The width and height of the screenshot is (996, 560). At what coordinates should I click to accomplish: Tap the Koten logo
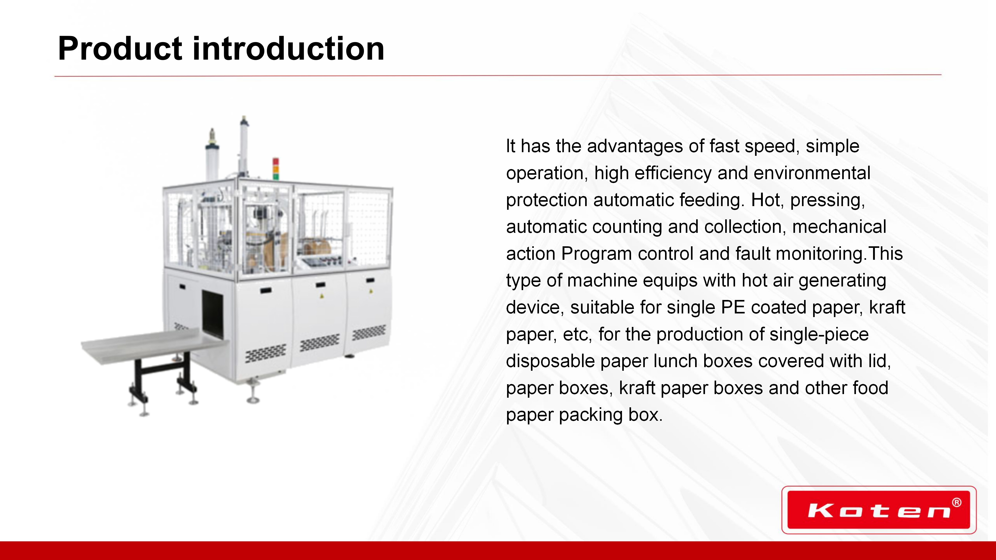click(879, 510)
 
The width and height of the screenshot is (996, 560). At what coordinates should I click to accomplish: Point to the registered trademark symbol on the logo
click(957, 502)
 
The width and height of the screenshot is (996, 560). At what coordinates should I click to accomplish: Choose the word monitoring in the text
click(819, 254)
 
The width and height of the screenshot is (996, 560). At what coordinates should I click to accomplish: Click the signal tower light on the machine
click(276, 169)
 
